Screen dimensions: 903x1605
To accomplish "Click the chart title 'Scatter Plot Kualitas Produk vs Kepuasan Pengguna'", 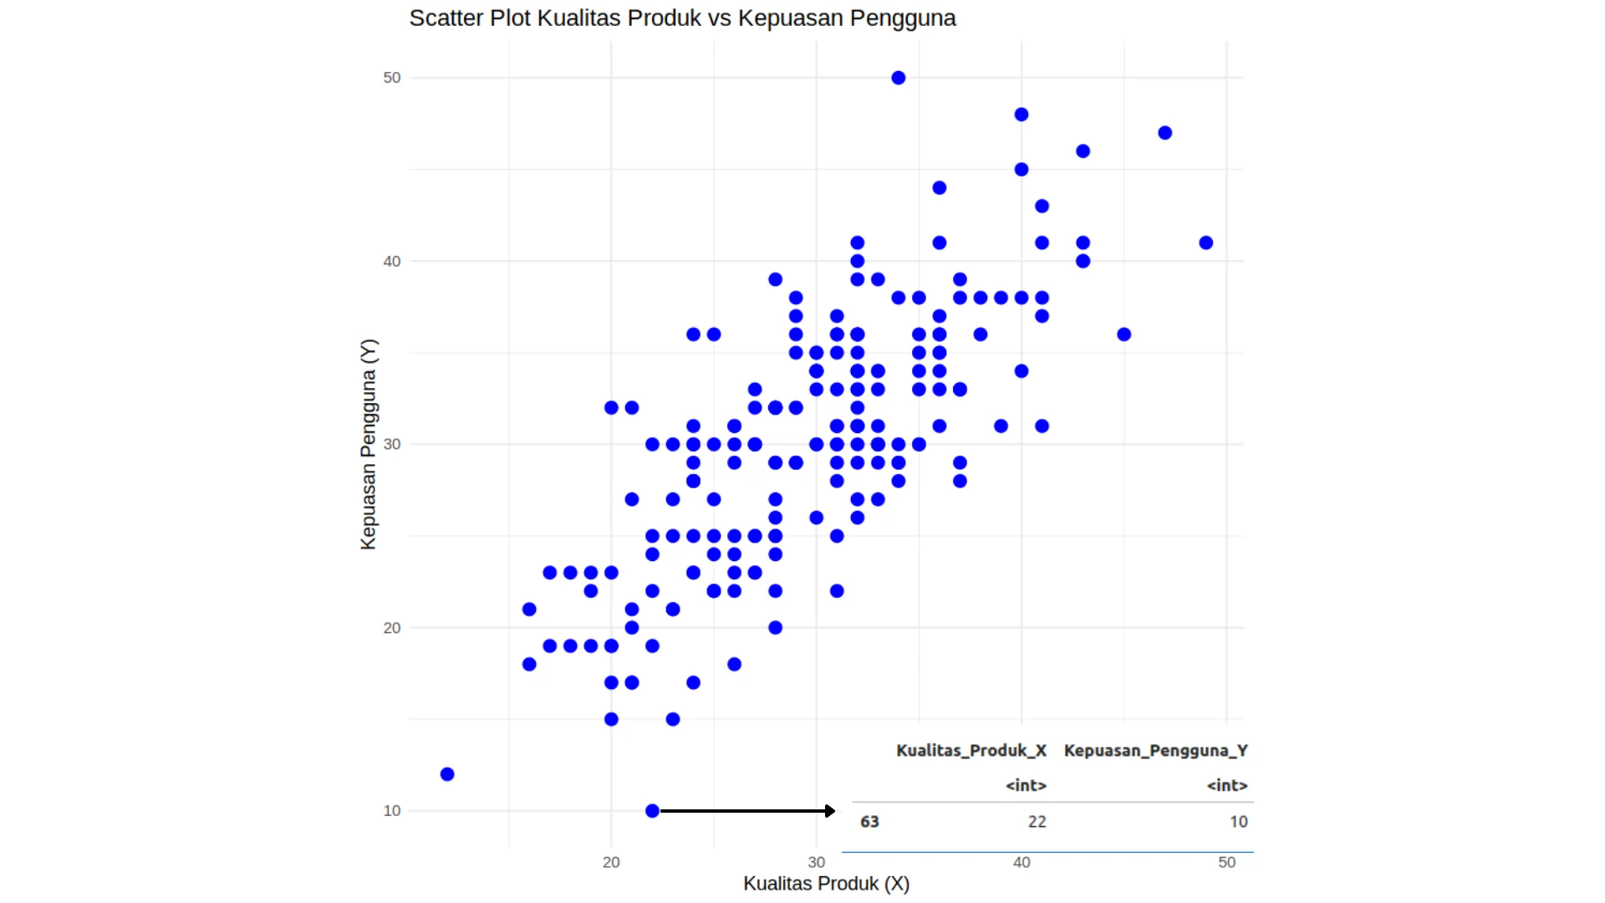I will tap(682, 18).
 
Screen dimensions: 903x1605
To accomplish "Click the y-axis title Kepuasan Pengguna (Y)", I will tap(369, 444).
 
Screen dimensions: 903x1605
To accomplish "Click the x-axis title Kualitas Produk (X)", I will tap(826, 884).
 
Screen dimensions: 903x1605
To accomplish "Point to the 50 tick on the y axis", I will tap(392, 78).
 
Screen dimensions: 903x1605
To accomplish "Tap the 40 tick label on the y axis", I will tap(392, 262).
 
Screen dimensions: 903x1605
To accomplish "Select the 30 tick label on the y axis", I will tap(392, 444).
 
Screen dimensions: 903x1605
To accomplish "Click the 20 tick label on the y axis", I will tap(392, 628).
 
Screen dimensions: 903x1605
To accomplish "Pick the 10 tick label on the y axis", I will tap(392, 810).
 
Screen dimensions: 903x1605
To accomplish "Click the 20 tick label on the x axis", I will tap(611, 862).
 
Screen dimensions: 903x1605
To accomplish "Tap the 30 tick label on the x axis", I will tap(817, 862).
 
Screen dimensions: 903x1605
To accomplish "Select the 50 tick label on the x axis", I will tap(1226, 862).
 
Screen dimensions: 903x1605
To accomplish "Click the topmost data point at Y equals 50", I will tap(898, 78).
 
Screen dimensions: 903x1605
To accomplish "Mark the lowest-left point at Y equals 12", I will tap(447, 774).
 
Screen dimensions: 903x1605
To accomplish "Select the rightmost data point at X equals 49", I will tap(1205, 242).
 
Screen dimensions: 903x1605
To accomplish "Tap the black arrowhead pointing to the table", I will tap(830, 811).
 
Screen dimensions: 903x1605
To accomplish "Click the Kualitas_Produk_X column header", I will tap(971, 750).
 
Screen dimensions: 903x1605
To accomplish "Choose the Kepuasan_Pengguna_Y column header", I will tap(1155, 750).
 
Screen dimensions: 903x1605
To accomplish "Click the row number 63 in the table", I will tap(869, 822).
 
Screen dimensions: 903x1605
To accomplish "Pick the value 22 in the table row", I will tap(1037, 822).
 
